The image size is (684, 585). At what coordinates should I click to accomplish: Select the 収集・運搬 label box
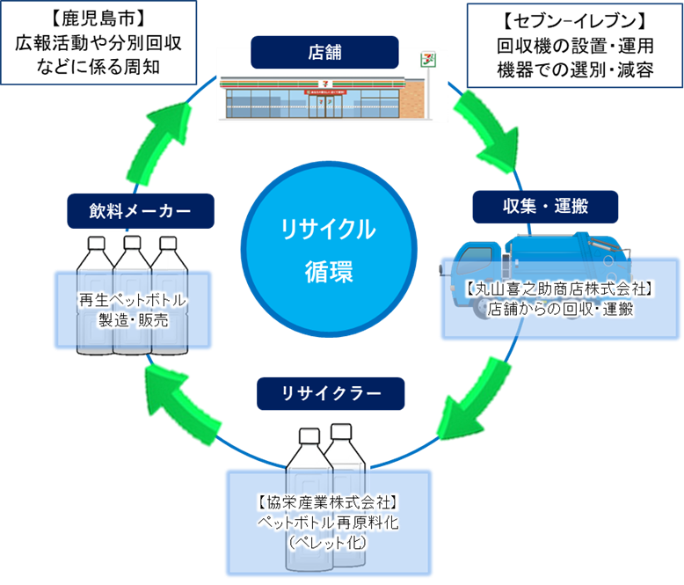pos(545,207)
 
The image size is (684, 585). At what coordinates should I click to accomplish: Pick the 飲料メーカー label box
pos(141,210)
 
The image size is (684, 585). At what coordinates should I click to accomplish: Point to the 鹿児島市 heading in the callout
pos(98,18)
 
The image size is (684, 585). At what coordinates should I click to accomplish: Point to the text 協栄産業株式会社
pos(329,502)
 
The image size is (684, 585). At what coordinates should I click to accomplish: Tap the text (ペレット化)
pos(329,543)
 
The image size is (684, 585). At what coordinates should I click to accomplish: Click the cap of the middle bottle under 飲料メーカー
pos(133,243)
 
